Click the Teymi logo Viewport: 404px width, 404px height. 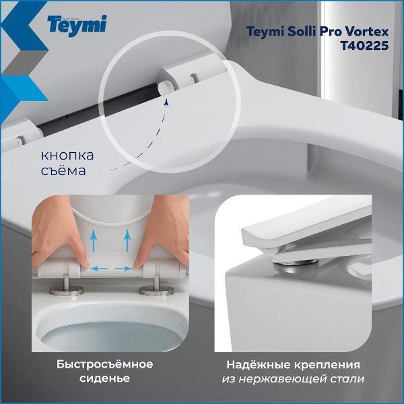77,26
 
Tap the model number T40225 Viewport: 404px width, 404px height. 364,46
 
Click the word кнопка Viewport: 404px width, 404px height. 67,156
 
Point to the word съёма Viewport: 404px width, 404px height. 63,170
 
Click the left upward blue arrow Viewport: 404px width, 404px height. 94,241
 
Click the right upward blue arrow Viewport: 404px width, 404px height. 127,241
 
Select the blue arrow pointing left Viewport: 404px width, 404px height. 99,269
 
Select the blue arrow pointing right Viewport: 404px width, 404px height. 123,269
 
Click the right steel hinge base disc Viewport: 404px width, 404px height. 156,290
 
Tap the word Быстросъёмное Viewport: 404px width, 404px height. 104,364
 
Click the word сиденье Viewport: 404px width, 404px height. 104,378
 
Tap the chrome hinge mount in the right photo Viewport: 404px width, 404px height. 296,264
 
